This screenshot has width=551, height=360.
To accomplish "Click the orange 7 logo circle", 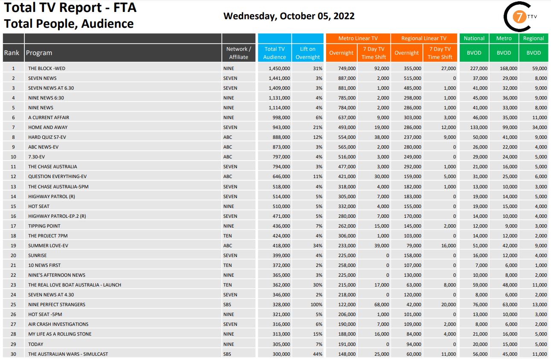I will click(519, 18).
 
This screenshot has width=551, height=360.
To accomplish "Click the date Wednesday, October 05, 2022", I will click(289, 16).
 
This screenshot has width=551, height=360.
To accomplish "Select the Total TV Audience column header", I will click(274, 53).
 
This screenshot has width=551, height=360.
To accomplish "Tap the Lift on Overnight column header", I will click(307, 53).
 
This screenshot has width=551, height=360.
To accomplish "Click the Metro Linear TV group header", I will click(358, 38).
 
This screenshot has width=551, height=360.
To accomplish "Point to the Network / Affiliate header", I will click(239, 53).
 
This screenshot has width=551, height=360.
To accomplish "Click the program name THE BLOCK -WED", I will click(47, 68).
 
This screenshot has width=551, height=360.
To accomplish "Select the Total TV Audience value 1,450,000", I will click(280, 68).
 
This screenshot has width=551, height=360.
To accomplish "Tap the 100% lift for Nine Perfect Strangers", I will click(316, 304).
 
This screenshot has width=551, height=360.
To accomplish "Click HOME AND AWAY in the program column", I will click(48, 127).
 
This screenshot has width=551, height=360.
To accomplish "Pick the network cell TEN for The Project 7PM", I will click(227, 236).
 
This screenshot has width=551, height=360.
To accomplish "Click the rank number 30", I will click(13, 354).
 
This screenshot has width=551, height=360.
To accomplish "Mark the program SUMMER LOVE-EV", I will click(48, 246).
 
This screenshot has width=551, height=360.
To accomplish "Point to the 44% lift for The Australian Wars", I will click(317, 354).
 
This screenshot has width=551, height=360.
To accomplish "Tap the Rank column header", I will click(12, 53).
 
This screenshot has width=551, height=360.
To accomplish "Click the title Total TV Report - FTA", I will click(70, 8).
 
